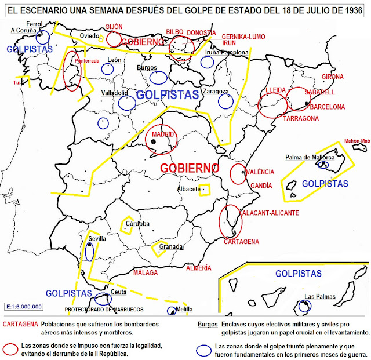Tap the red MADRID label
tap(163, 134)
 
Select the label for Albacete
tap(189, 190)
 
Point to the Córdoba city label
tap(138, 223)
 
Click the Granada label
tap(172, 246)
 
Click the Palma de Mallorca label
tap(310, 157)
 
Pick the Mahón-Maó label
tap(357, 140)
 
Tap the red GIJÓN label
tap(114, 27)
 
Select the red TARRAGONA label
tap(301, 118)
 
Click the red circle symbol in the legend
tap(10, 348)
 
